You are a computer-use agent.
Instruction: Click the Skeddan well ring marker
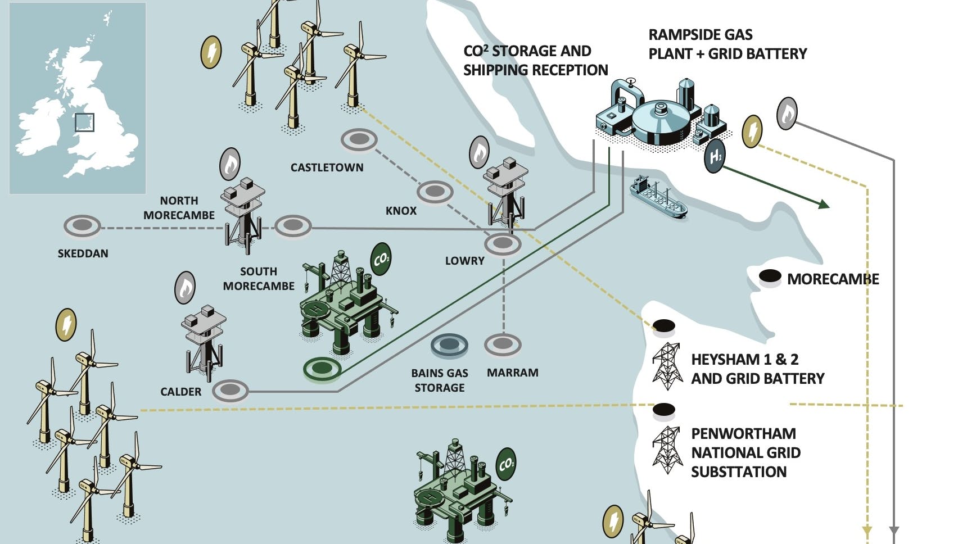click(x=82, y=226)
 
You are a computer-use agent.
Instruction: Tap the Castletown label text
click(x=327, y=167)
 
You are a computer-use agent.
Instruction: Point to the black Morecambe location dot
click(x=770, y=276)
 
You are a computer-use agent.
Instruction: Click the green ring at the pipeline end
click(x=322, y=369)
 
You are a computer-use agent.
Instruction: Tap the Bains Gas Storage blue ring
click(x=449, y=344)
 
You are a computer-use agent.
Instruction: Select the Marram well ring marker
click(x=503, y=344)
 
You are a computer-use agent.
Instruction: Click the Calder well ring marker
click(x=230, y=390)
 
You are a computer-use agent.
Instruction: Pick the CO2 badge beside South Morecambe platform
click(x=381, y=259)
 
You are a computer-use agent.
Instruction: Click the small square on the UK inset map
click(x=84, y=122)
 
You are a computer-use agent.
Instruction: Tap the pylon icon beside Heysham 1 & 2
click(x=667, y=366)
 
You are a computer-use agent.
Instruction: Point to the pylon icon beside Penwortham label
click(x=667, y=450)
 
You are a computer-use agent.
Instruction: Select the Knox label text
click(x=401, y=211)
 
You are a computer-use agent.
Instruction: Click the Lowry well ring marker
click(x=503, y=243)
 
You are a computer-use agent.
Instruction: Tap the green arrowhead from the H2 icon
click(x=824, y=205)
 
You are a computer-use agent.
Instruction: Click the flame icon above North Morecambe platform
click(x=230, y=164)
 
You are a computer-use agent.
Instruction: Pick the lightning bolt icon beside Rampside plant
click(x=752, y=132)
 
